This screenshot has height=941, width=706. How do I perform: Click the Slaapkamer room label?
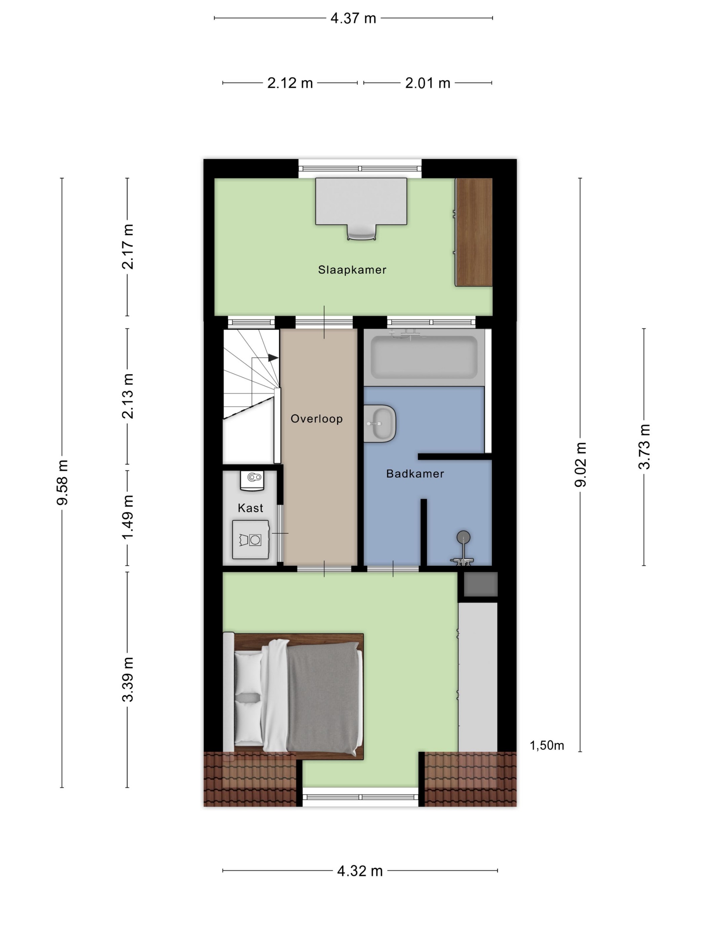[x=352, y=270]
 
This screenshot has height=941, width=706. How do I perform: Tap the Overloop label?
[x=317, y=419]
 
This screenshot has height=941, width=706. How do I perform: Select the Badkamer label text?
[x=415, y=474]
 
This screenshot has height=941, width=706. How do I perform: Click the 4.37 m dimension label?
[x=353, y=18]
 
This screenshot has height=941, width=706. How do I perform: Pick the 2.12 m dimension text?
[x=290, y=83]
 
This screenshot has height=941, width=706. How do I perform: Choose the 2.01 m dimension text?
[x=428, y=83]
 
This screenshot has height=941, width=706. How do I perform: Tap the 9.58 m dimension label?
[x=62, y=482]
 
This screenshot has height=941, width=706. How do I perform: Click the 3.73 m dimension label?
[x=644, y=447]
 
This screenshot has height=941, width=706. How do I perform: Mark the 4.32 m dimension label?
[x=360, y=871]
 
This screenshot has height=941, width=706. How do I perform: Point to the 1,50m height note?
[x=547, y=745]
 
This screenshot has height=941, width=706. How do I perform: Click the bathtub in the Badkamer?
[x=424, y=357]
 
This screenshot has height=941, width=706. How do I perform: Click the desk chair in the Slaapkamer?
[x=362, y=232]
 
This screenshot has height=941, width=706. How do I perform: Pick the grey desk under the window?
[x=361, y=201]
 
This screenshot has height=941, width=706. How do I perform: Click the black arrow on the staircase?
[x=273, y=358]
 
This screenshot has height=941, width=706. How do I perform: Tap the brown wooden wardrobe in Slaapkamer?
[x=474, y=232]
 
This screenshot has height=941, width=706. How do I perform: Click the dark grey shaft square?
[x=480, y=584]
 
